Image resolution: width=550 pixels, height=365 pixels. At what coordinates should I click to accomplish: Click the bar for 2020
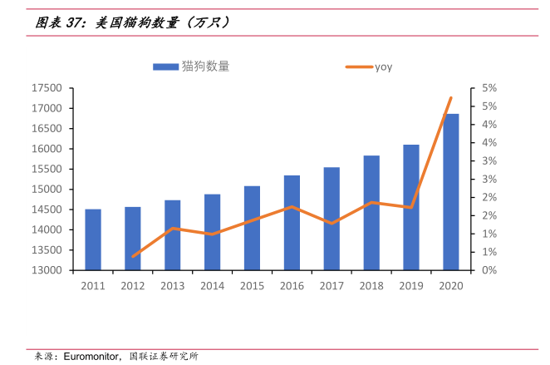point(450,192)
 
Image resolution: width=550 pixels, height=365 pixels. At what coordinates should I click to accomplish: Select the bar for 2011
point(92,239)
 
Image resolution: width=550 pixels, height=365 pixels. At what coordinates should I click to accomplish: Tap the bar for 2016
point(292,223)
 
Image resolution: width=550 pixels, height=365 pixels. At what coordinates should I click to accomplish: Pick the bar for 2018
point(371,213)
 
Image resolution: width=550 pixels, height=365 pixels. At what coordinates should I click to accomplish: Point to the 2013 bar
point(172,235)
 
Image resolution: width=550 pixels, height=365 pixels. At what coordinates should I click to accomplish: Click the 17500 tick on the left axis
point(47,88)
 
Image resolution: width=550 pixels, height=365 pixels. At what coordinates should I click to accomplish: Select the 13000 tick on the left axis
point(47,270)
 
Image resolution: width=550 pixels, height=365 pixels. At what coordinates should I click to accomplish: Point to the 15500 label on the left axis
point(47,169)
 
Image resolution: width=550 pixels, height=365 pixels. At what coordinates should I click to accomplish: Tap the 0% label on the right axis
point(489,270)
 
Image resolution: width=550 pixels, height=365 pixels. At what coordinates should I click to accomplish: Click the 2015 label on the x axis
point(252,286)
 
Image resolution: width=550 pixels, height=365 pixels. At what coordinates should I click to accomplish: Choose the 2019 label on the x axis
point(410,286)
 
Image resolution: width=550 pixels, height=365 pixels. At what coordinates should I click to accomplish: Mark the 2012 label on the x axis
point(132,286)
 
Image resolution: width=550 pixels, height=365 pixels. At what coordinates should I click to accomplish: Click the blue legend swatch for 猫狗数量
point(165,67)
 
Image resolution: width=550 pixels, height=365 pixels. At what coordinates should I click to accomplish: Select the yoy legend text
point(383,67)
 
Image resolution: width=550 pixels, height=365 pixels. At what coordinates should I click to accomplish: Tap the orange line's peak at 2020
point(450,98)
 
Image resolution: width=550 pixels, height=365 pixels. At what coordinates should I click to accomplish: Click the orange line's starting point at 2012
point(133,256)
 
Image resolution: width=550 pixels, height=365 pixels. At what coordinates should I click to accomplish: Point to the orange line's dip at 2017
point(331,223)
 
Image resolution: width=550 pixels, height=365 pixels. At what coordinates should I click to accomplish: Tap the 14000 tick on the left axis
point(47,229)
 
